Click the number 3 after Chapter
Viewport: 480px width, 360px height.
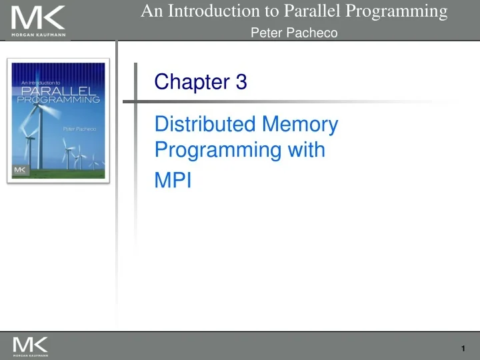point(241,82)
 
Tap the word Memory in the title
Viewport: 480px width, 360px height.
point(301,124)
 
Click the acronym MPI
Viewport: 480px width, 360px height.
point(173,181)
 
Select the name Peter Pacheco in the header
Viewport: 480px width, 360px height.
point(294,33)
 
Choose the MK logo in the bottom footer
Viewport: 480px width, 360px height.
point(30,344)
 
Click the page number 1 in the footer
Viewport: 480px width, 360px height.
point(463,349)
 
